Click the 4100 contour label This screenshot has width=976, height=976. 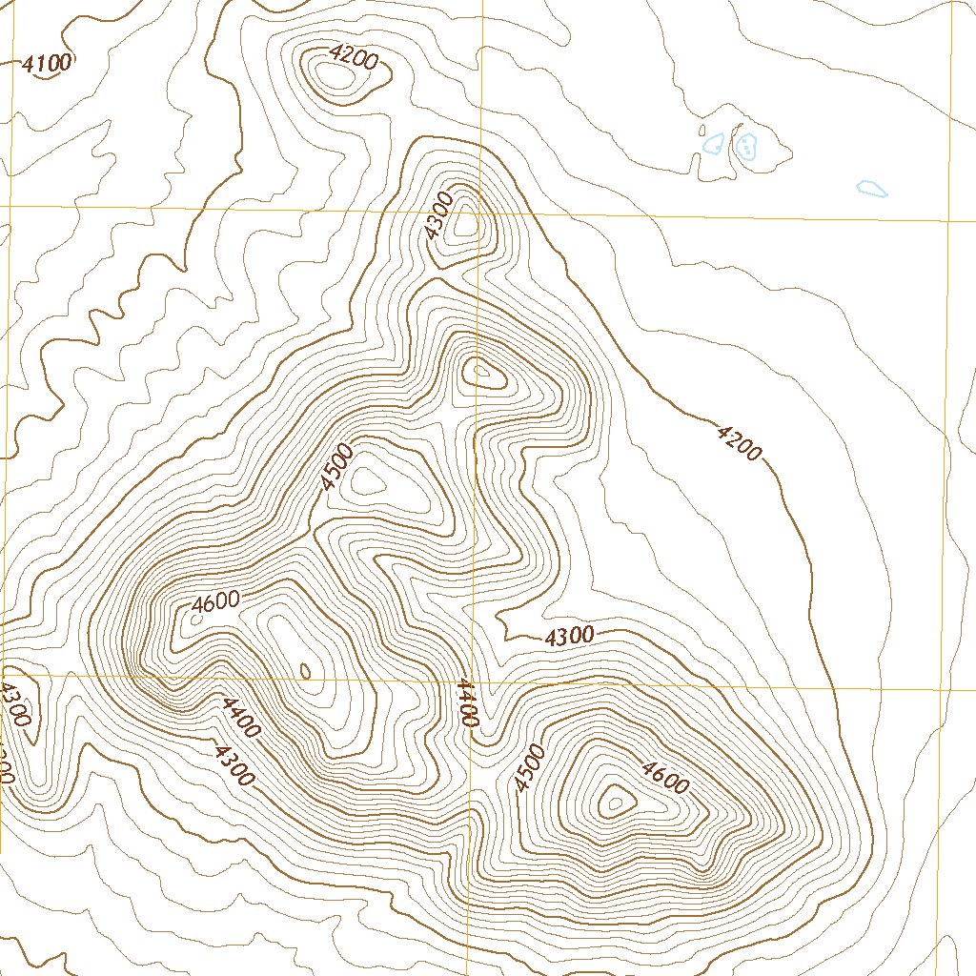click(47, 65)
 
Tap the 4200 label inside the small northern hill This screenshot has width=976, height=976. click(352, 58)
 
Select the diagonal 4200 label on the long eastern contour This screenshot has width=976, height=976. click(739, 443)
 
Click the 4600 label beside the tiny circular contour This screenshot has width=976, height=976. click(215, 602)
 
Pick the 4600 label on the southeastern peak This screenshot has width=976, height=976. click(664, 778)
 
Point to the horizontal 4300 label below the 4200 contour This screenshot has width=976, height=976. click(570, 637)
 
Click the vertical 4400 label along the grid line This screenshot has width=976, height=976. click(466, 703)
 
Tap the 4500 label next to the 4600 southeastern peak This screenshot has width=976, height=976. click(528, 768)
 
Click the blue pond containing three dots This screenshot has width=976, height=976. click(745, 146)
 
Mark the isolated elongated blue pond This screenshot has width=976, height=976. click(871, 189)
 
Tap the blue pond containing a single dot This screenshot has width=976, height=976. click(712, 143)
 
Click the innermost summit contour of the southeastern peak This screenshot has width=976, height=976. click(615, 803)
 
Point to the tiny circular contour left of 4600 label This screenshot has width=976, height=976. click(196, 619)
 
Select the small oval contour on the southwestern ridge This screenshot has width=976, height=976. click(305, 671)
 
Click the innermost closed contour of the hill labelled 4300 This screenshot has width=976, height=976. click(467, 225)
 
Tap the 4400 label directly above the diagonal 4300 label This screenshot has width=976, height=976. click(238, 718)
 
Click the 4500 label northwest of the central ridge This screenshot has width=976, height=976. click(337, 467)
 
